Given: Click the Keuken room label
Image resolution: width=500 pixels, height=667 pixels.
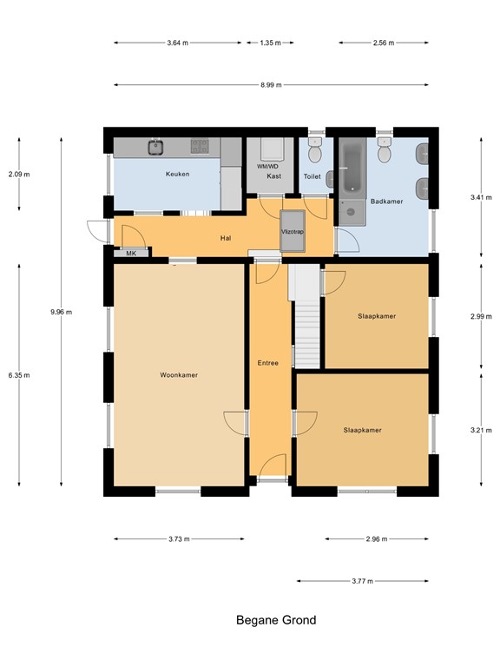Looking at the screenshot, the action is coord(177,174).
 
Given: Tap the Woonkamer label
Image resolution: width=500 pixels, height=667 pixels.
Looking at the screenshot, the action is coord(179,375).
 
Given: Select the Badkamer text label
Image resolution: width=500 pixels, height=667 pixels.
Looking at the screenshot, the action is coord(386,201).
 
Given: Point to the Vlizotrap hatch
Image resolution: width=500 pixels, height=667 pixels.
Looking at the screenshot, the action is coord(293,231).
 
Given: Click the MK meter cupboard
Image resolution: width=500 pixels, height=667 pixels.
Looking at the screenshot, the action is coord(131,253).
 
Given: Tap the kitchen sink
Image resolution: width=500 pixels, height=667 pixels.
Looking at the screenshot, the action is coord(156,147).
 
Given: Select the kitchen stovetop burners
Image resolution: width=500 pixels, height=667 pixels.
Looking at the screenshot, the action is coord(200,146).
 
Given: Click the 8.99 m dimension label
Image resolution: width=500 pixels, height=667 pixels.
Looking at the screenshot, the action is coord(271,84).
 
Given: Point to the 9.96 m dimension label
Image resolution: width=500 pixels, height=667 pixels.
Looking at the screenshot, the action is coord(62,312).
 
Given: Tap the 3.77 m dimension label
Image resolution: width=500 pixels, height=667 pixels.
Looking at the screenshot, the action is coord(362,581).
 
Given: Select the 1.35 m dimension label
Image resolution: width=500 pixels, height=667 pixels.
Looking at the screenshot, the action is coord(271,43).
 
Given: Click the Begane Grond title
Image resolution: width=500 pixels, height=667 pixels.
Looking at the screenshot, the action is coord(276,620).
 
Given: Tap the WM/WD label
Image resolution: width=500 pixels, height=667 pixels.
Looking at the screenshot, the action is coord(267,167).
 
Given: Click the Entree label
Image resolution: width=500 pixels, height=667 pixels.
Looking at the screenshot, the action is coord(268,363).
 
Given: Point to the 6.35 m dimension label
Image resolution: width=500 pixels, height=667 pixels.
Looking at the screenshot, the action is coord(19,375).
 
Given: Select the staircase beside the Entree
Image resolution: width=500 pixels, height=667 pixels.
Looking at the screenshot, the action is coord(306,316).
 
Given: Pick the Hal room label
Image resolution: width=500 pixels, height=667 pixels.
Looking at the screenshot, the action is coord(226,238).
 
